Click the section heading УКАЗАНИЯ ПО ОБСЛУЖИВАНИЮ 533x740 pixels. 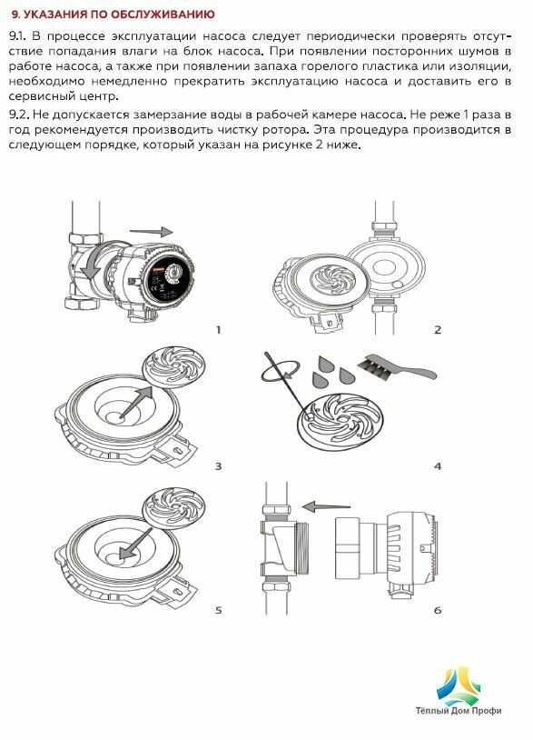pos(120,15)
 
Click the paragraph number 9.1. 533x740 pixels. pos(17,35)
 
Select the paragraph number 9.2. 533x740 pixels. pos(18,115)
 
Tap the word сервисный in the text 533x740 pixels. pos(39,96)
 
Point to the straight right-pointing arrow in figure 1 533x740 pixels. pos(152,231)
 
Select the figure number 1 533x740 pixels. pos(218,330)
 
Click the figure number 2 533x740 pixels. pos(438,330)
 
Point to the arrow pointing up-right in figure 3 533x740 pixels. pos(138,402)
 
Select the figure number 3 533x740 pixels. pos(218,466)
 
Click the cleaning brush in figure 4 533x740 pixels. pos(399,367)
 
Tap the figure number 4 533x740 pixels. pos(438,466)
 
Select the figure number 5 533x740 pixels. pos(218,610)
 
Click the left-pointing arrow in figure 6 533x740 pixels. pos(326,507)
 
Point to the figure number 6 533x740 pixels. pos(438,610)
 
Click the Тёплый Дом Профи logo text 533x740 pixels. pos(458,710)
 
